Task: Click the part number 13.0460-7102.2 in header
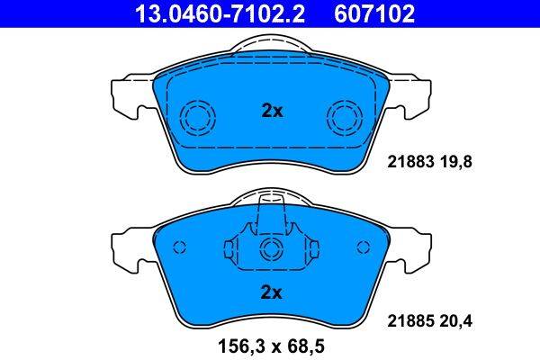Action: (220, 13)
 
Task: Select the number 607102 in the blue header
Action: (374, 13)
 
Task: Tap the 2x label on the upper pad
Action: (272, 111)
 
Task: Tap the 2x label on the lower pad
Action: (272, 292)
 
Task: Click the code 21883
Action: (410, 162)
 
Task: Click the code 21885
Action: (410, 321)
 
